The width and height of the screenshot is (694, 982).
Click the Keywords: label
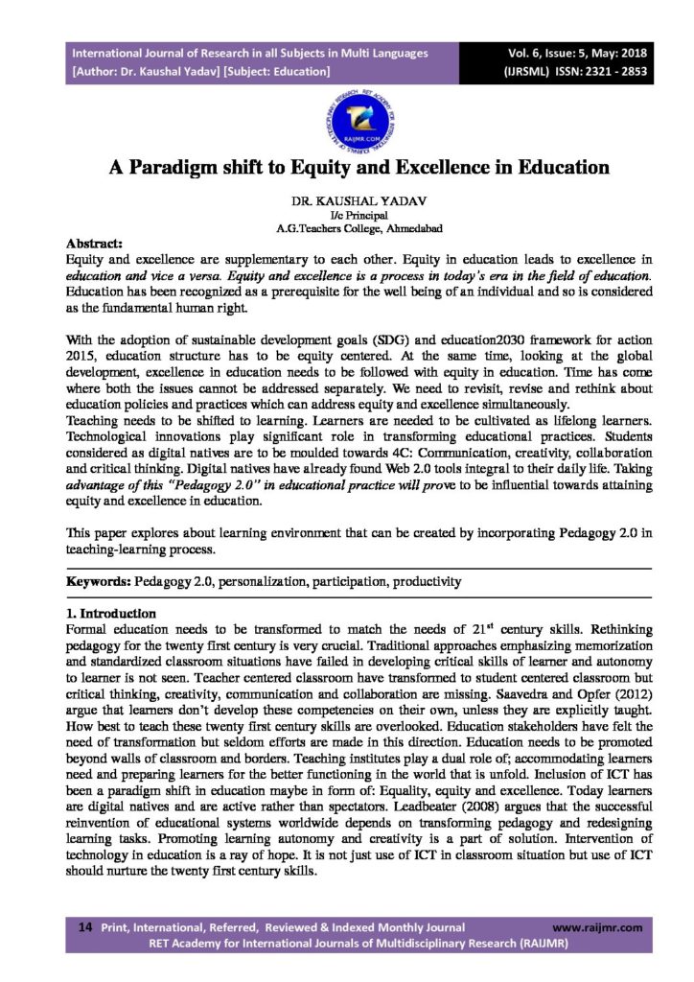coord(99,581)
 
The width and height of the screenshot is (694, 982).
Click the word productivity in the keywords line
coord(428,581)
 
